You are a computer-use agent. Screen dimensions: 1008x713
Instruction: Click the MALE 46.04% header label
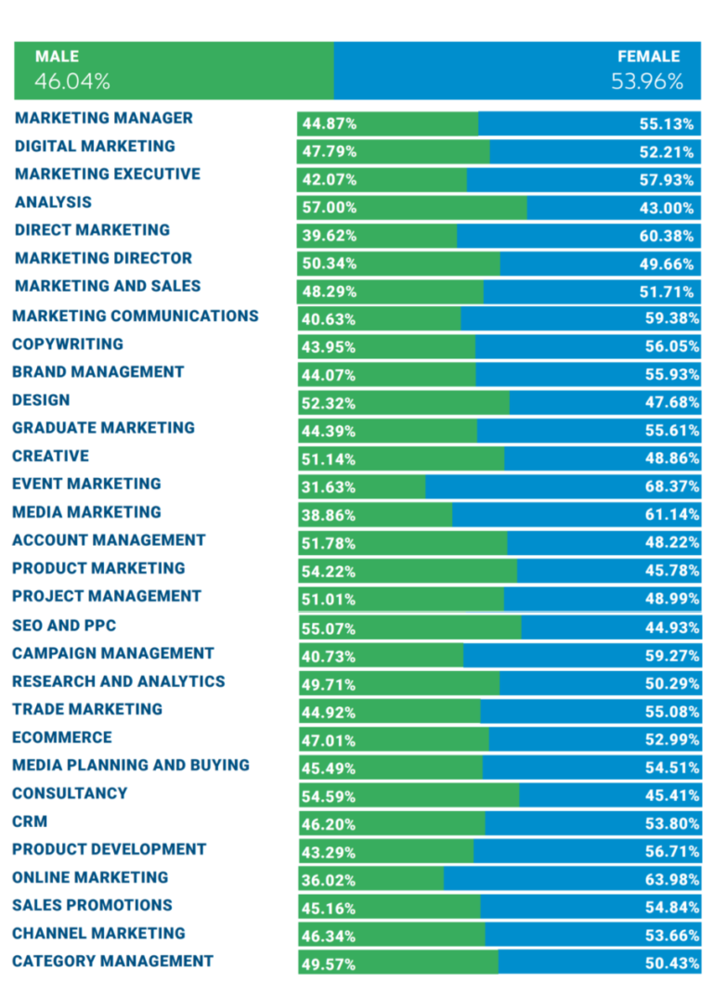pyautogui.click(x=71, y=70)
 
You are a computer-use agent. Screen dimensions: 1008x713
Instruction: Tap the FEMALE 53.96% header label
pyautogui.click(x=647, y=70)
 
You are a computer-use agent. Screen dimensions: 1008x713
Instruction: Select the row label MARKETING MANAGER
pyautogui.click(x=104, y=118)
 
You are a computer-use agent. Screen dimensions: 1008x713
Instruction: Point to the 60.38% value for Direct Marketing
pyautogui.click(x=667, y=236)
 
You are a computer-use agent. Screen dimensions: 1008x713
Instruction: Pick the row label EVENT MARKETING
pyautogui.click(x=86, y=484)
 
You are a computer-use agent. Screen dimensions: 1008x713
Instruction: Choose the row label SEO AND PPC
pyautogui.click(x=64, y=626)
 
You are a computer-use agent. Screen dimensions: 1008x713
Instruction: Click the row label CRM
pyautogui.click(x=30, y=821)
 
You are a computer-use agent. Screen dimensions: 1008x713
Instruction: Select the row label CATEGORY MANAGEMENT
pyautogui.click(x=112, y=962)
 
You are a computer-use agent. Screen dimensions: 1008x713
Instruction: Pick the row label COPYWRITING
pyautogui.click(x=68, y=344)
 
